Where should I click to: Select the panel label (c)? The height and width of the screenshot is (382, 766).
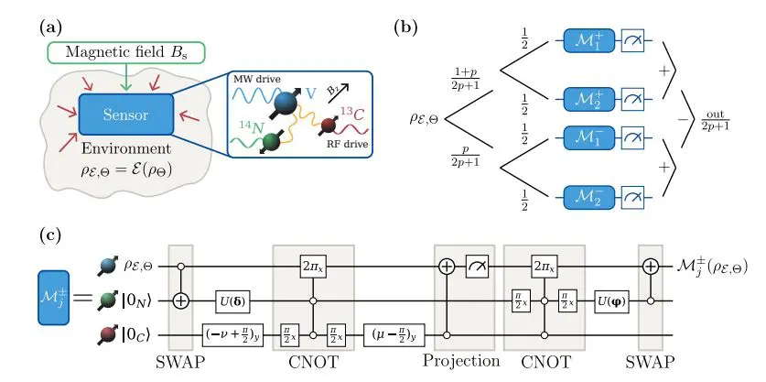point(51,235)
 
